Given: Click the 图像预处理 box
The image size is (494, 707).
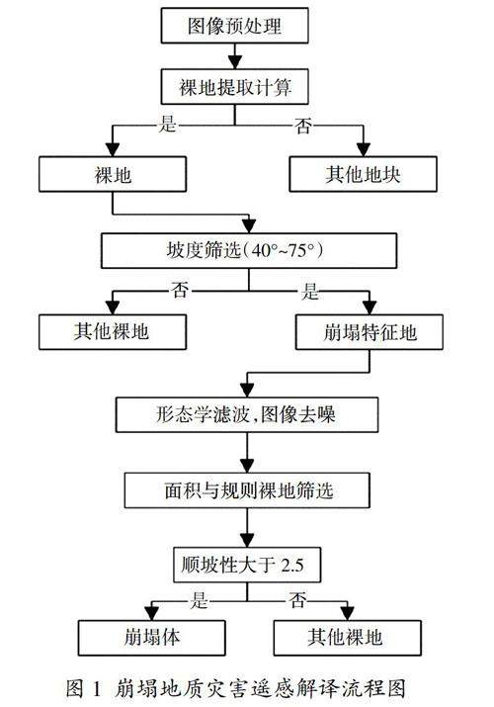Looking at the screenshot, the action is pyautogui.click(x=234, y=26).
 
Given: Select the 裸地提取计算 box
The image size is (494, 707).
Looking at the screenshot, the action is pyautogui.click(x=234, y=87).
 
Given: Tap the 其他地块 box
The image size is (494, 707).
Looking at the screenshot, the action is pyautogui.click(x=363, y=174).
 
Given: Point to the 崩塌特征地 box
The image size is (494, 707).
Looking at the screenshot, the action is pyautogui.click(x=370, y=332).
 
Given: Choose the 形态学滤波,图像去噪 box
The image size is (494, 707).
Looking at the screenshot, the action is pyautogui.click(x=247, y=415).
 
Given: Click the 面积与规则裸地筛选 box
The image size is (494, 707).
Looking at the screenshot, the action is pyautogui.click(x=247, y=490).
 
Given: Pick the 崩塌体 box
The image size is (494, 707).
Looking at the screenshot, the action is pyautogui.click(x=152, y=638).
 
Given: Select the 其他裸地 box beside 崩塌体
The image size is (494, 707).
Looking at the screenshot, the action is pyautogui.click(x=347, y=638).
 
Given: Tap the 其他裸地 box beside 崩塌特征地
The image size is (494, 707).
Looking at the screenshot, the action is pyautogui.click(x=113, y=332).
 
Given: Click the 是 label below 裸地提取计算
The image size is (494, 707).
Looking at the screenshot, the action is pyautogui.click(x=167, y=124).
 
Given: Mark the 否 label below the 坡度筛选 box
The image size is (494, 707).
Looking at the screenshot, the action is pyautogui.click(x=180, y=289).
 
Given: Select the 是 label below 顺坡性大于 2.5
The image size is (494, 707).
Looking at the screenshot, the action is pyautogui.click(x=199, y=600).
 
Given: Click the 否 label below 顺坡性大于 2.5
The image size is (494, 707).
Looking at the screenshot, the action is pyautogui.click(x=298, y=600).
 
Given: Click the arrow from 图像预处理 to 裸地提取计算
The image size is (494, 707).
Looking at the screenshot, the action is pyautogui.click(x=234, y=56).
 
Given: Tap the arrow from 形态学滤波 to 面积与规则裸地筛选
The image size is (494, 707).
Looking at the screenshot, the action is pyautogui.click(x=247, y=453).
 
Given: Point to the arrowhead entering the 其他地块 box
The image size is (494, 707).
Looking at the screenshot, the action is pyautogui.click(x=363, y=149).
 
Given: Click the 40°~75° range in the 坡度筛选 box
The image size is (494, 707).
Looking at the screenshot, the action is pyautogui.click(x=283, y=250).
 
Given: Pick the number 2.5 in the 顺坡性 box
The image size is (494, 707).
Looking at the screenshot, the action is pyautogui.click(x=292, y=565).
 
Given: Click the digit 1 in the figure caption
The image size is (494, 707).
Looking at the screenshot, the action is pyautogui.click(x=97, y=688).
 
